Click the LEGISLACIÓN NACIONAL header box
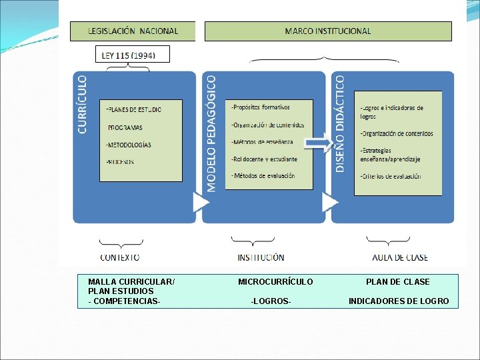coord(133,31)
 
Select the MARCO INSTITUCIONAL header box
coord(327,31)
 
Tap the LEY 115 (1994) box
coord(133,55)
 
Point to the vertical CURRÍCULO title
coord(83,105)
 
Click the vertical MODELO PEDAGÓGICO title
coord(211,133)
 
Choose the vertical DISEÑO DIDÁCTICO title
coord(340,124)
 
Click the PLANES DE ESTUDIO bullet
coord(134,109)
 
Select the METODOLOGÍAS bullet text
coord(129,145)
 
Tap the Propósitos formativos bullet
coord(261,107)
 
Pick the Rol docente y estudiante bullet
coord(265,159)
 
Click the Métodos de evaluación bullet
coord(263,175)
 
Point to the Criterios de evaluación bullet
coord(391,176)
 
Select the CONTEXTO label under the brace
coord(120,257)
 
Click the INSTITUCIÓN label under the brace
coord(261,257)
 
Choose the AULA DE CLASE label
coord(400,257)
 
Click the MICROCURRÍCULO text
coord(275,282)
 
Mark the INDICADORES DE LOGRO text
coord(399,301)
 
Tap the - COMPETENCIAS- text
coord(124,301)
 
